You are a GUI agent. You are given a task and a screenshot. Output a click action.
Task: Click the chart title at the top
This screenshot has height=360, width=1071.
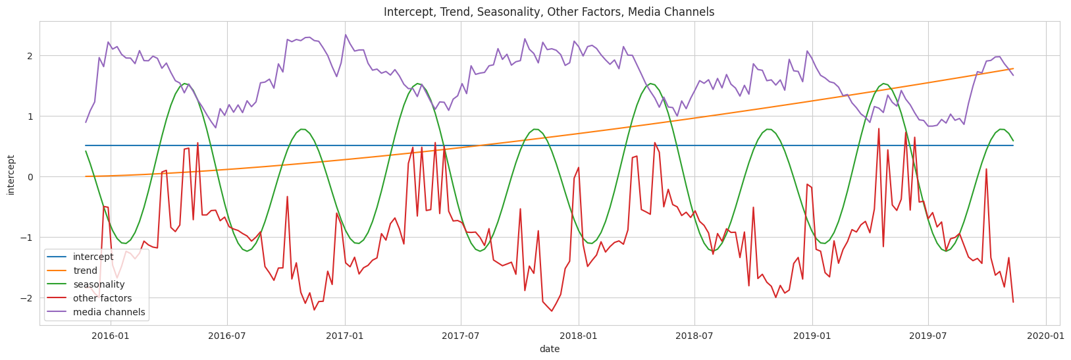(549, 12)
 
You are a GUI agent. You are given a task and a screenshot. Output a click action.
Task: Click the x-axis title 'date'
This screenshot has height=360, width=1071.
(549, 349)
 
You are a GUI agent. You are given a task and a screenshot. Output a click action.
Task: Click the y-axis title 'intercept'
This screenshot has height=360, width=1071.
(11, 175)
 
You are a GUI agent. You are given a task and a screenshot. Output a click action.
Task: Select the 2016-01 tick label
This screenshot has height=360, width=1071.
(109, 336)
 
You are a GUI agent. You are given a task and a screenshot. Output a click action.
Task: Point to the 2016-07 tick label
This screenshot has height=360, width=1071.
(226, 336)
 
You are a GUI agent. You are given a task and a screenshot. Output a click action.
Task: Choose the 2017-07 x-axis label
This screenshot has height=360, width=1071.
(460, 336)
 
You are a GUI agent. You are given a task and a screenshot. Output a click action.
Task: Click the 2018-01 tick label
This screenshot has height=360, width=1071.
(579, 336)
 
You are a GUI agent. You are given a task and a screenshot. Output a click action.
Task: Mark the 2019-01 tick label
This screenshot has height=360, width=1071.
(812, 336)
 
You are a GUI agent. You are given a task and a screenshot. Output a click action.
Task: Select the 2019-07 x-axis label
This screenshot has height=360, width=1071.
(927, 336)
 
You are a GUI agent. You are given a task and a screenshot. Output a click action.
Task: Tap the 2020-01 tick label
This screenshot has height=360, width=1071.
(1046, 336)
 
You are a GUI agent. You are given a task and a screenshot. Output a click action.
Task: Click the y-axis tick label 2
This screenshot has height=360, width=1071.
(30, 56)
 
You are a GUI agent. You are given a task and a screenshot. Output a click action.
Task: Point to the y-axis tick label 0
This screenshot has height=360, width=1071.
(30, 177)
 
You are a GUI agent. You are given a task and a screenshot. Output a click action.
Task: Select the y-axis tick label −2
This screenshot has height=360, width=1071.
(27, 298)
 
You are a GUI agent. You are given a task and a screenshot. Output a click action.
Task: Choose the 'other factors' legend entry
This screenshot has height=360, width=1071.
(102, 298)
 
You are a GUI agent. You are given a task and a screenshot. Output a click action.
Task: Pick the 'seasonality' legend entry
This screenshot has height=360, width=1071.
(99, 284)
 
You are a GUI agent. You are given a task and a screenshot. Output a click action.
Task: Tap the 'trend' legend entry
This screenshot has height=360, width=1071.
(85, 270)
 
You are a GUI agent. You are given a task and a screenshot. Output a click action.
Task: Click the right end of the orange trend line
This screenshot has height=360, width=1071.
(1012, 69)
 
